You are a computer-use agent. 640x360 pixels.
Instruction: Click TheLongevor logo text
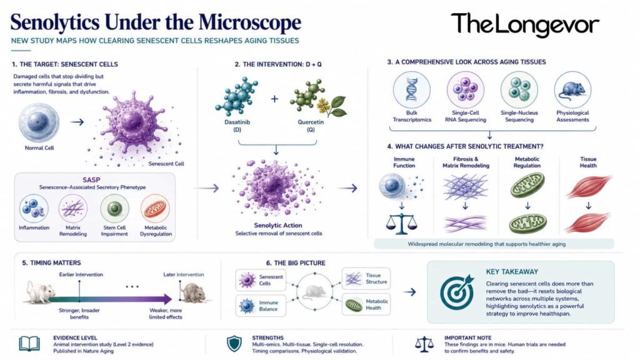coord(525,24)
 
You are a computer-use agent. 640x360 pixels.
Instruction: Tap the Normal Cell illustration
coord(39,122)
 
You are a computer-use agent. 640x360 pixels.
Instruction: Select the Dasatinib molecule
coord(236,97)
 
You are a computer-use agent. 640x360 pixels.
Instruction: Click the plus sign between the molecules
coord(274,98)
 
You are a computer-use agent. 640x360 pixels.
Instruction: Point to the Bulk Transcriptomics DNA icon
coord(411,90)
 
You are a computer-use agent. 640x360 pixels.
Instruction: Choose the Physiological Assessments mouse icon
coord(572,90)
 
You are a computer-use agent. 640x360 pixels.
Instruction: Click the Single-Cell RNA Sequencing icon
coord(465,90)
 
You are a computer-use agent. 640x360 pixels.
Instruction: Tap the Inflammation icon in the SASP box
coord(34,209)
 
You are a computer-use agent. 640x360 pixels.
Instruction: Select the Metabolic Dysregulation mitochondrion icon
coord(155,209)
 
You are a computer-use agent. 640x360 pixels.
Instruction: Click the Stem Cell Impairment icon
coord(115,209)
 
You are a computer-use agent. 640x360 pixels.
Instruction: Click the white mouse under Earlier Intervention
coord(41,292)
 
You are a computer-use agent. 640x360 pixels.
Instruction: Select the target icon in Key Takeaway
coord(457,292)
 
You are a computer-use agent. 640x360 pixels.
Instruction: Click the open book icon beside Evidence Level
coord(29,344)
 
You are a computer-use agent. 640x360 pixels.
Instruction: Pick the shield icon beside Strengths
coord(234,344)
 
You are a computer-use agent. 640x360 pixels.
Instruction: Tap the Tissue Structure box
coord(366,279)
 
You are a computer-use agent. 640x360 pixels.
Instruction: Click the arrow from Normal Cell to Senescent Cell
coord(77,122)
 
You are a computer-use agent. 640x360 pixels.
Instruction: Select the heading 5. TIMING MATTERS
coord(51,263)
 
